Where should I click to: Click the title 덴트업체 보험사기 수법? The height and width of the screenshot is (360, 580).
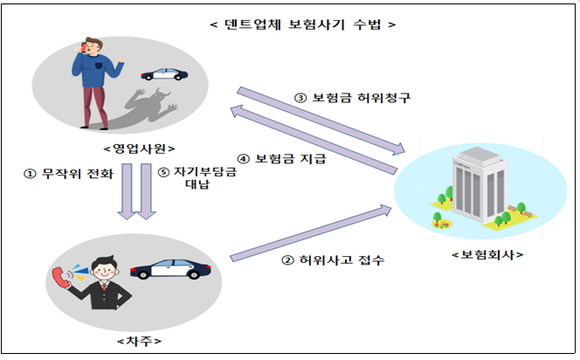coord(290,21)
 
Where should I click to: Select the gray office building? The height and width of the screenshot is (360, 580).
coord(474,186)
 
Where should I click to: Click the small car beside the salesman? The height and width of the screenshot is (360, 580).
coord(162,74)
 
